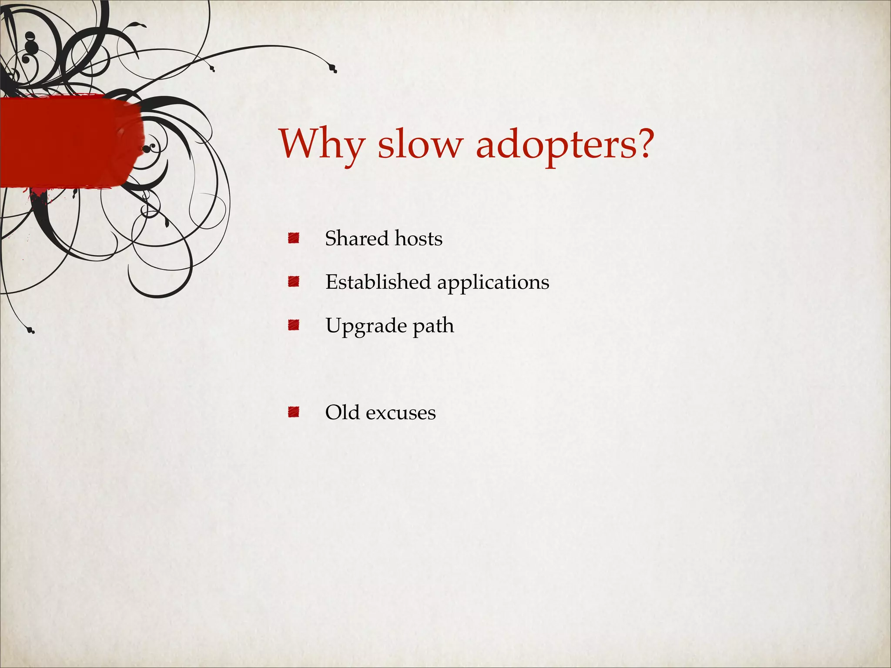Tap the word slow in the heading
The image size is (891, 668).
(x=418, y=144)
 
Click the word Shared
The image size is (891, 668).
(x=357, y=238)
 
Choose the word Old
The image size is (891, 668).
(x=342, y=412)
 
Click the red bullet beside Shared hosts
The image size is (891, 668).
(x=294, y=238)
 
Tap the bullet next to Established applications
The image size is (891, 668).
(x=294, y=281)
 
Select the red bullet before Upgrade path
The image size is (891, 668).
(x=294, y=325)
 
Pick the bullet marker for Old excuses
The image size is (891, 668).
(x=294, y=412)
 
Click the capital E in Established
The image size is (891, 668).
(x=332, y=282)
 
